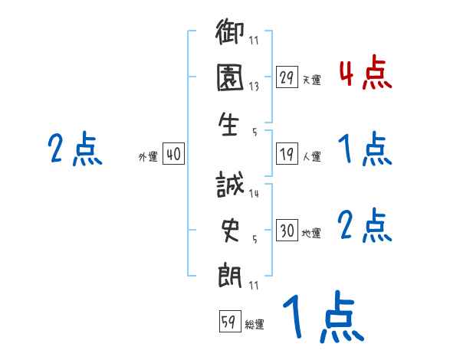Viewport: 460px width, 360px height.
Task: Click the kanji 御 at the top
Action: coord(231,34)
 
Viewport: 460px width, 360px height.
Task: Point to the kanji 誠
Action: coord(231,185)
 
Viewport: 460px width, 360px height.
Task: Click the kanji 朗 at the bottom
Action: coord(231,274)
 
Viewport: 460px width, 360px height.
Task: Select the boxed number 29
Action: coord(287,77)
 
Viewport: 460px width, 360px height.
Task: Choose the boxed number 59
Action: coord(228,322)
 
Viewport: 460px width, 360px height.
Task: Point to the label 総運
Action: coord(254,325)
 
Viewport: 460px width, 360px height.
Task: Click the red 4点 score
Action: coord(365,74)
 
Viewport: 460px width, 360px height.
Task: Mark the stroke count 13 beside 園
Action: coord(254,87)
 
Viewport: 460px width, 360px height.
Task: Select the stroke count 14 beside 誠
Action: coord(254,194)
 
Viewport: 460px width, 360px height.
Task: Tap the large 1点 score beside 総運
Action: coord(323,318)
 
